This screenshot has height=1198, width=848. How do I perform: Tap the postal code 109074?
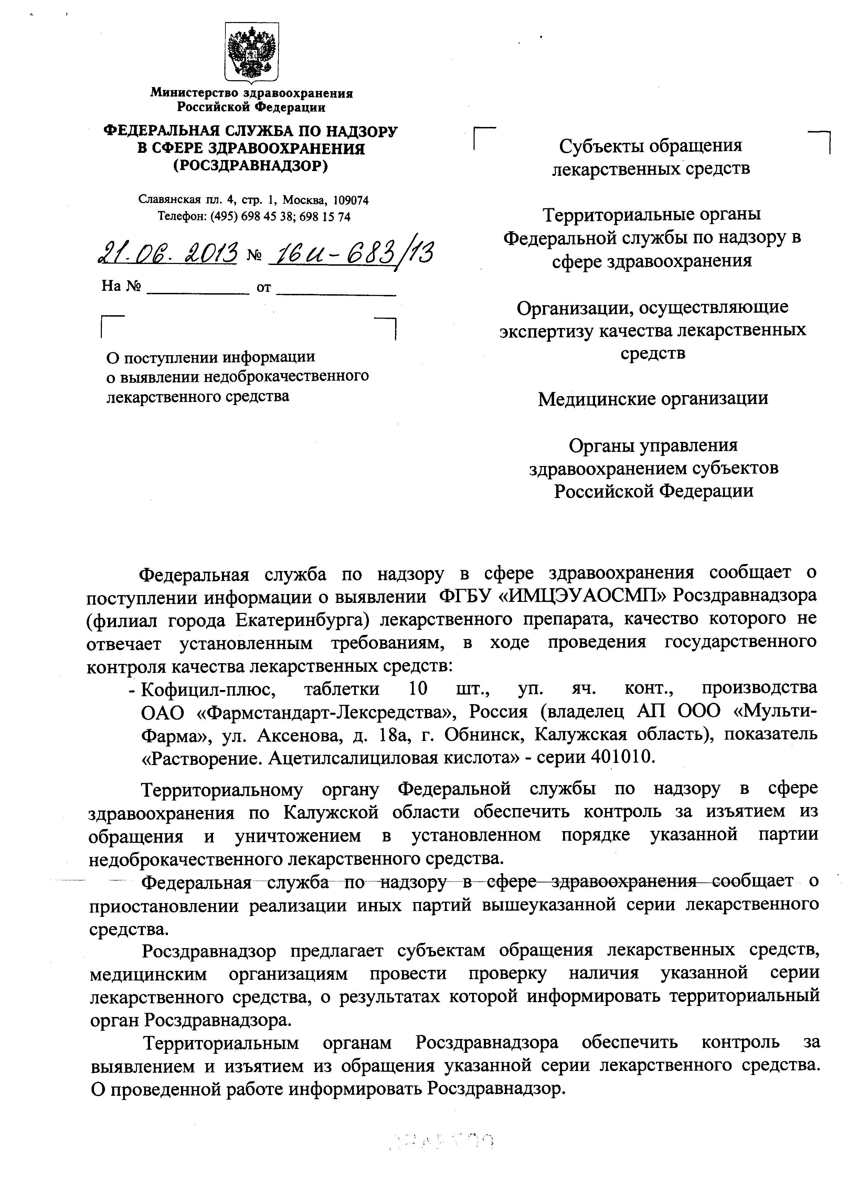[x=351, y=200]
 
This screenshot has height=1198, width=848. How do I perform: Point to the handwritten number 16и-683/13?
[x=350, y=254]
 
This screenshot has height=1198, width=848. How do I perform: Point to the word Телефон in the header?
[x=181, y=216]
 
